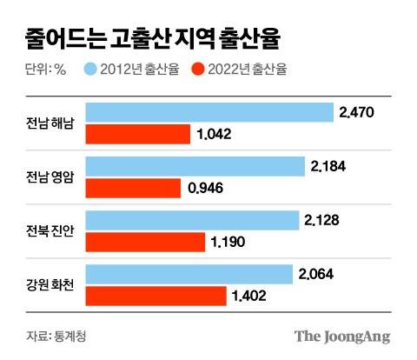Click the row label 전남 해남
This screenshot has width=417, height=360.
(50, 123)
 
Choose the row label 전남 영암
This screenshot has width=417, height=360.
(50, 177)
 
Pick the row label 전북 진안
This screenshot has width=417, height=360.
(50, 231)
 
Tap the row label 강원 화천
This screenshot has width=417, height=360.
(50, 285)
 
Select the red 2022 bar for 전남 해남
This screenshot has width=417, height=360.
(138, 134)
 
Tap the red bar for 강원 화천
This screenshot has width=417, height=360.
(156, 296)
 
